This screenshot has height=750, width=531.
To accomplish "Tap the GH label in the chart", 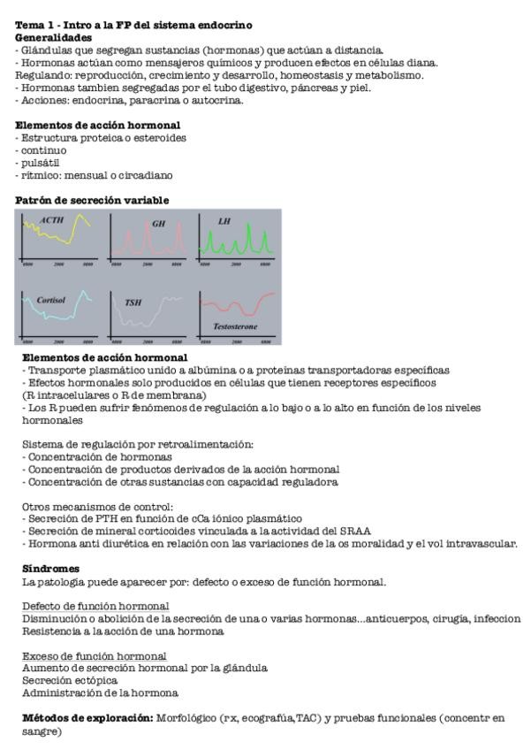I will click(159, 224).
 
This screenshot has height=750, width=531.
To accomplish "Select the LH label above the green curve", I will click(224, 220).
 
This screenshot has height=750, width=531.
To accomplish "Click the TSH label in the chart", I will click(133, 302).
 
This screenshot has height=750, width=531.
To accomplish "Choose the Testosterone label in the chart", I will click(235, 326).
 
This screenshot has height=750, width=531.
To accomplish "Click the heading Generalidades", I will click(53, 38).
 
